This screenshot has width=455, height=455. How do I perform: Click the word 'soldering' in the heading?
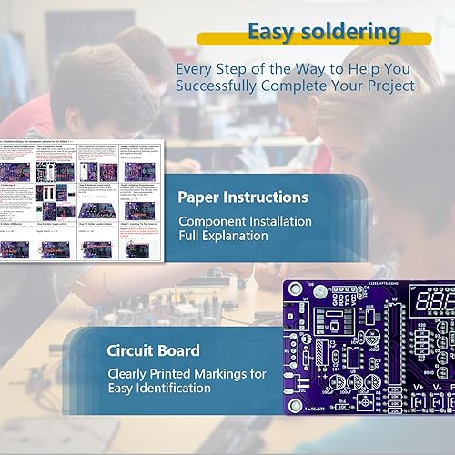(x=351, y=33)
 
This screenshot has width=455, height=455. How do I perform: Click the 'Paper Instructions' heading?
(x=243, y=197)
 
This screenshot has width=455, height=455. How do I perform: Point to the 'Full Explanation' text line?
(x=223, y=236)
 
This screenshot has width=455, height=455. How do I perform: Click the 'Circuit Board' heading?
(x=156, y=349)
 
